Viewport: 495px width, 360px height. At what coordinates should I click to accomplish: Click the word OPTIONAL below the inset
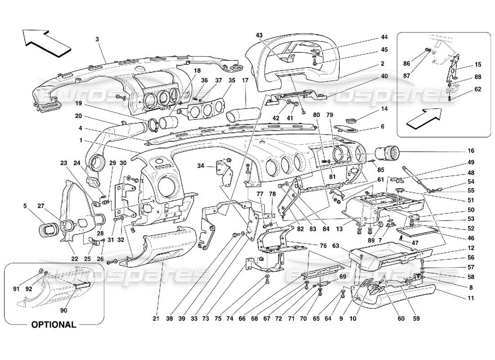click(x=53, y=324)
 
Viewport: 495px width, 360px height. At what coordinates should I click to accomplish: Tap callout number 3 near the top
click(x=97, y=39)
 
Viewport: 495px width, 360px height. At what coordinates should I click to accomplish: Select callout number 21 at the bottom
click(x=156, y=319)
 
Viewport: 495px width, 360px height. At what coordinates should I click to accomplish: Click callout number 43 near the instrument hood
click(x=259, y=36)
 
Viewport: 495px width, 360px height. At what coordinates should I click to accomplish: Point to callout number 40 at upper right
click(x=384, y=76)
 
